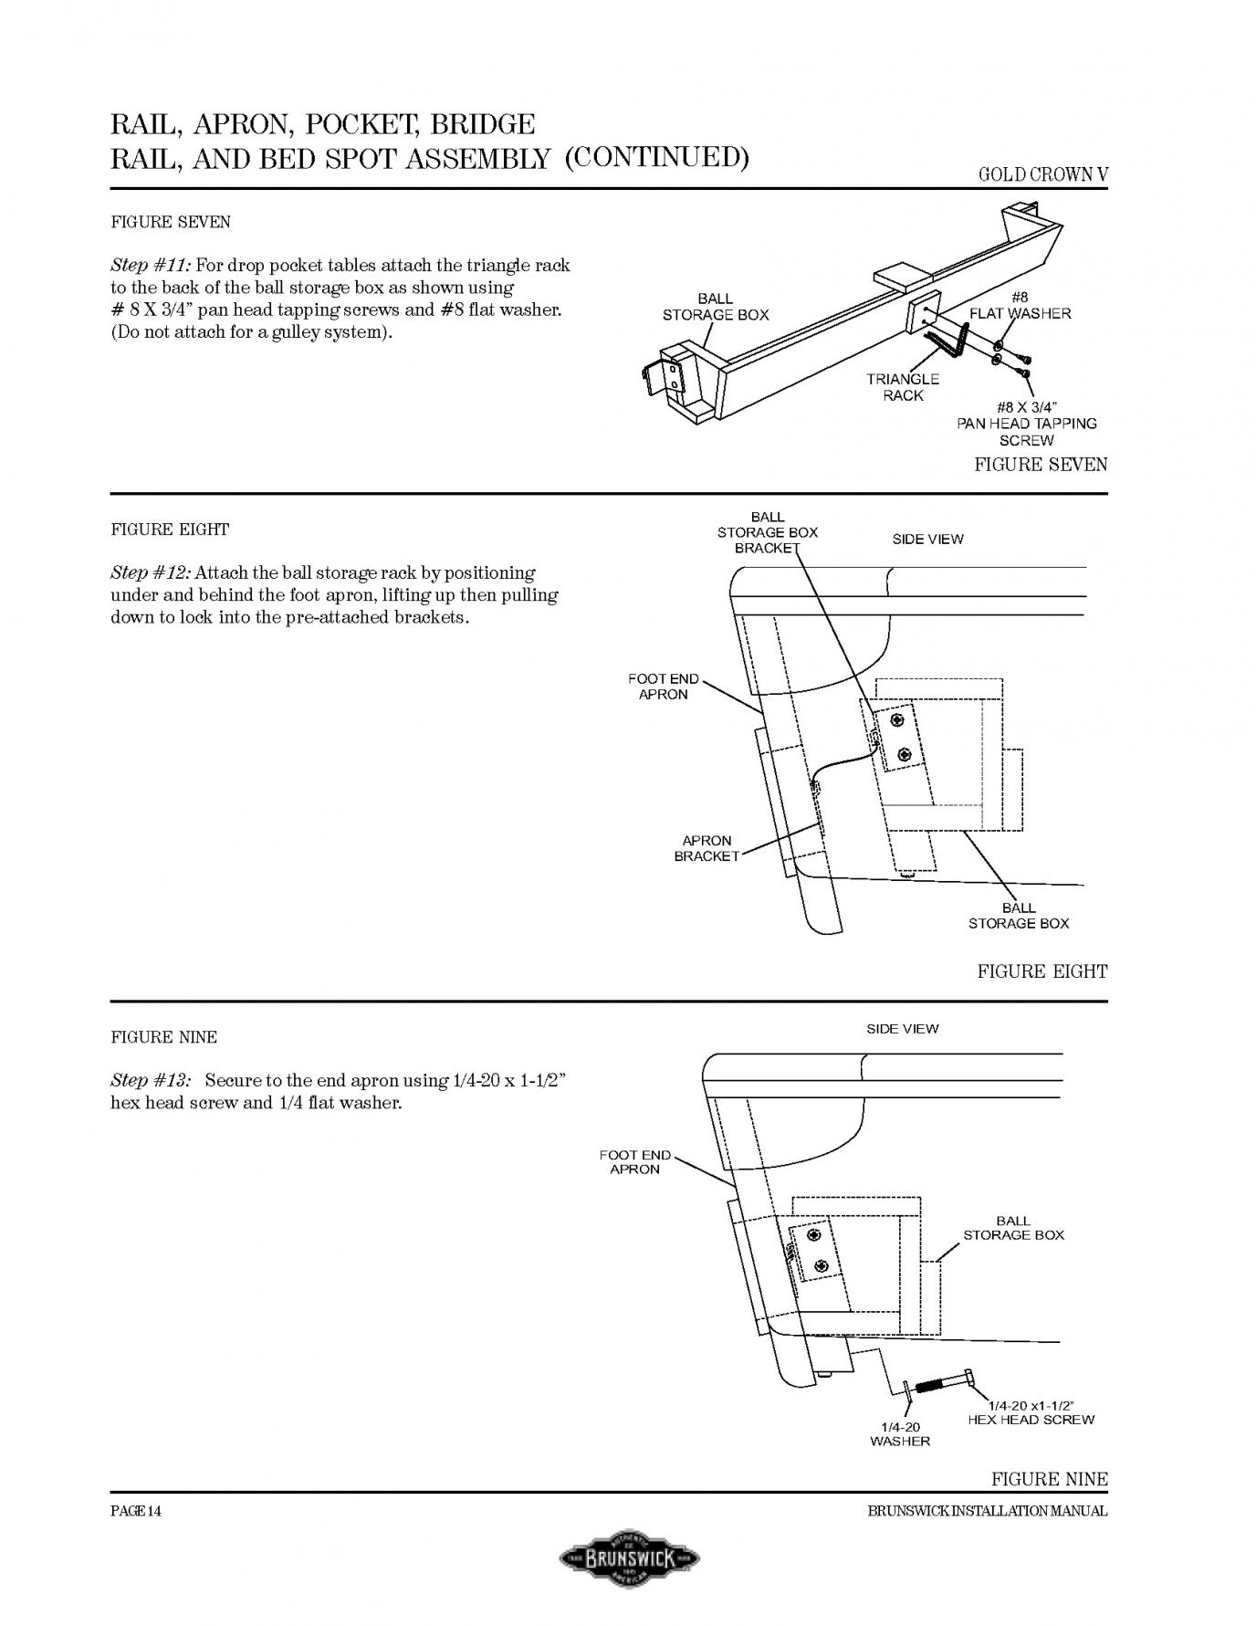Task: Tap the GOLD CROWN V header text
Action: coord(1042,175)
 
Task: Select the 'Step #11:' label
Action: coord(151,266)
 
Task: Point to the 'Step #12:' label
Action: coord(151,573)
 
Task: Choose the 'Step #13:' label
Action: coord(151,1081)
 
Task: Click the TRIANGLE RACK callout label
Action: coord(903,387)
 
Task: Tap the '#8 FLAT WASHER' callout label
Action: coord(1020,306)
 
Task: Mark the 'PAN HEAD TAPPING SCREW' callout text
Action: coord(1027,424)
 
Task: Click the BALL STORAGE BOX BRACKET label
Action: coord(767,532)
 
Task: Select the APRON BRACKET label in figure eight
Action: coord(706,848)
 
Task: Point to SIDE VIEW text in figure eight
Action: coord(927,540)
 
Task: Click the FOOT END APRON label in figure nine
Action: coord(634,1162)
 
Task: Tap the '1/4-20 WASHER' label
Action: coord(900,1433)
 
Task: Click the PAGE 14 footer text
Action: coord(136,1511)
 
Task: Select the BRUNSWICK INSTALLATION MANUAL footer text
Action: coord(987,1511)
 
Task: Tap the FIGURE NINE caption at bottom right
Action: coord(1049,1479)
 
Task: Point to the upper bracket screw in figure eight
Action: coord(897,721)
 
